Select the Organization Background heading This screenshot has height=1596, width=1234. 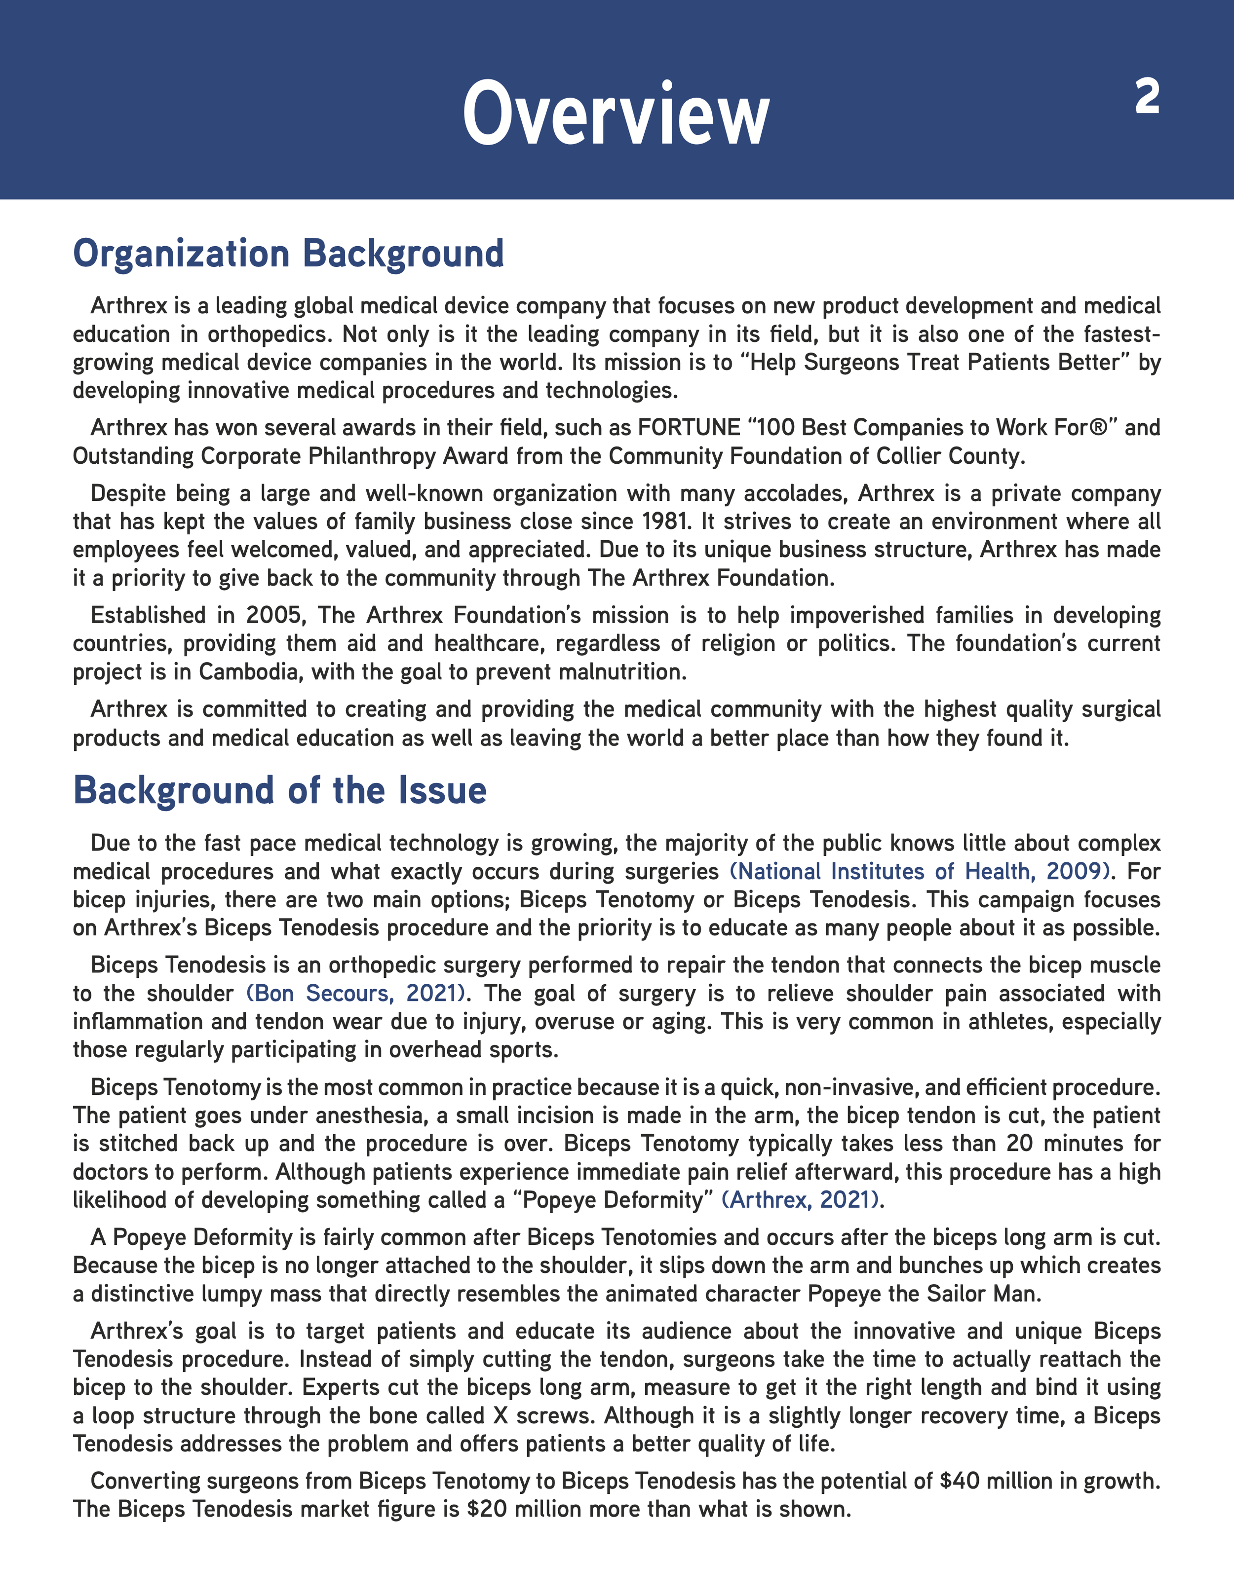pos(288,254)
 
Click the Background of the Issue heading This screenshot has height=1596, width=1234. pos(279,791)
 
